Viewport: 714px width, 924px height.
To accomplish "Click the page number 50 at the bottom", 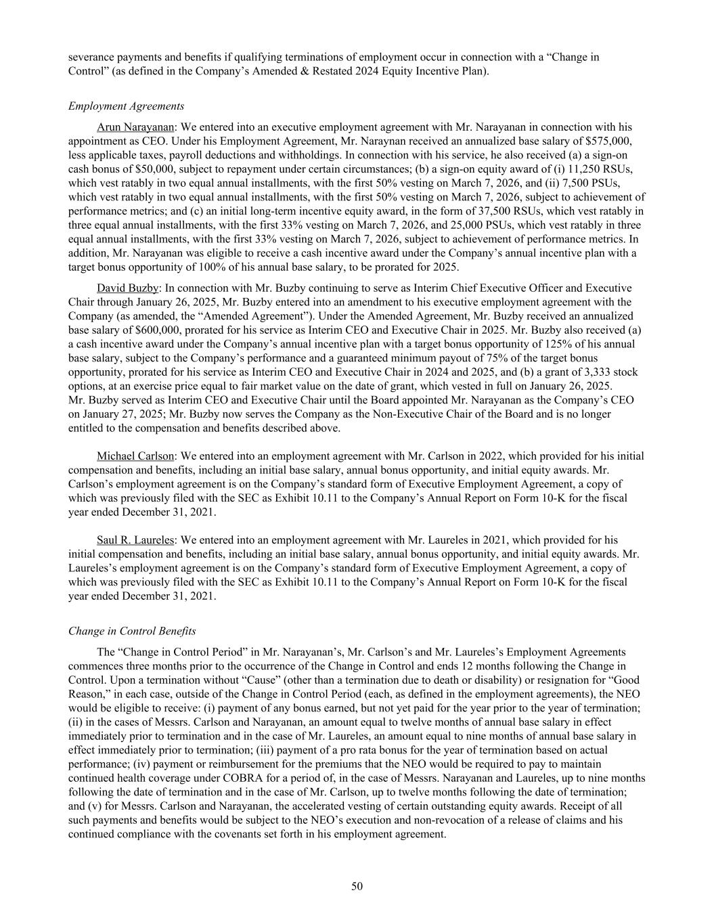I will pyautogui.click(x=357, y=887).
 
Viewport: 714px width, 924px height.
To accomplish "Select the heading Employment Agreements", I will pyautogui.click(x=126, y=106).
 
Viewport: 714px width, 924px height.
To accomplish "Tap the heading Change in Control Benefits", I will pyautogui.click(x=132, y=631).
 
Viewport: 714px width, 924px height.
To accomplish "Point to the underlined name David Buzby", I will pyautogui.click(x=127, y=288).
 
